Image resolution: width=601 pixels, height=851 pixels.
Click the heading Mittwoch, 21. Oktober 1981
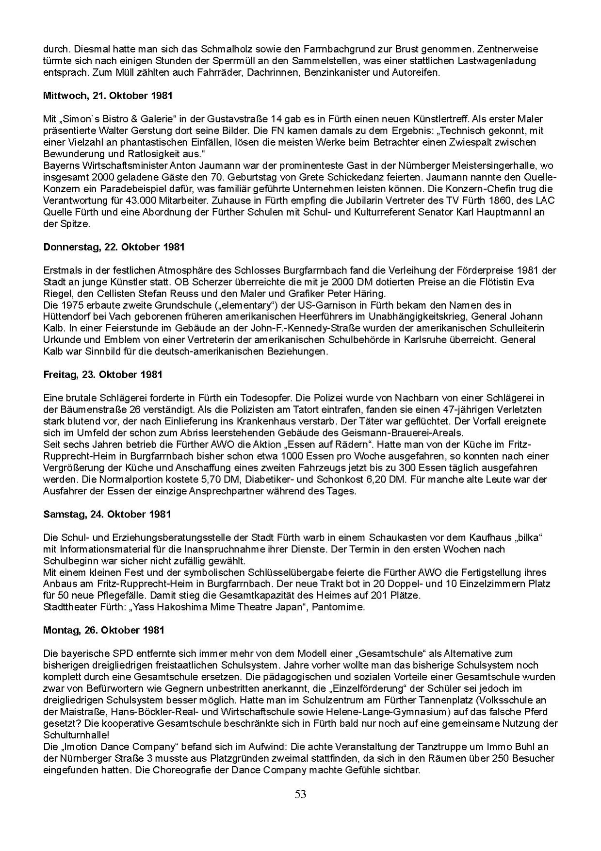pyautogui.click(x=108, y=96)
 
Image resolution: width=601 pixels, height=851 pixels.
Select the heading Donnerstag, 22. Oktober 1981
pyautogui.click(x=114, y=247)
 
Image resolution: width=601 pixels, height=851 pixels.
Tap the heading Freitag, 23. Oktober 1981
pyautogui.click(x=103, y=375)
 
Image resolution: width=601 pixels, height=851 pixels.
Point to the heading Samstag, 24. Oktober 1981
pyautogui.click(x=107, y=514)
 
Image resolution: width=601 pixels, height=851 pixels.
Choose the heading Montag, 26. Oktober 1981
pyautogui.click(x=104, y=630)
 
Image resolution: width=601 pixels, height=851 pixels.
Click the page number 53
pyautogui.click(x=300, y=794)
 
